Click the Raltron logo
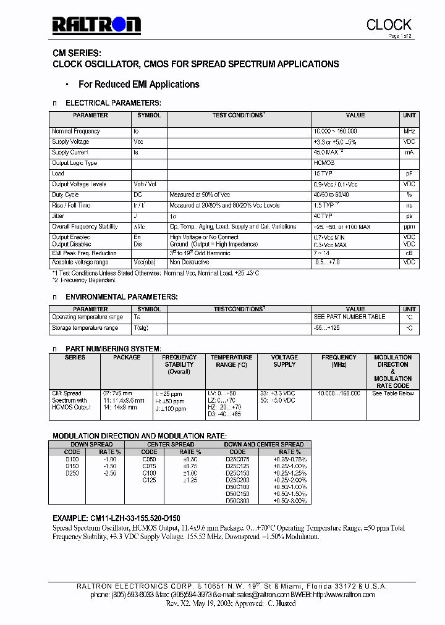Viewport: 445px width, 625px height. click(x=96, y=25)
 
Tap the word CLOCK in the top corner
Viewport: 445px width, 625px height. click(x=388, y=25)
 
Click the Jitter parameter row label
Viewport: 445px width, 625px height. click(x=58, y=216)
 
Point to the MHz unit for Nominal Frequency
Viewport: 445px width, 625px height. click(x=409, y=132)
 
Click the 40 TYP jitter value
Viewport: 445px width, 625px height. click(x=323, y=216)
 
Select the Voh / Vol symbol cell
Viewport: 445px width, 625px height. click(x=145, y=184)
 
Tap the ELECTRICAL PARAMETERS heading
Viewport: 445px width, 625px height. click(x=113, y=103)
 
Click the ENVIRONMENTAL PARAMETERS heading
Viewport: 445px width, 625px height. click(x=122, y=297)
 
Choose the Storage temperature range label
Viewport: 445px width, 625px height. click(x=85, y=328)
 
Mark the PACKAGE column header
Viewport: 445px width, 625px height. click(x=127, y=358)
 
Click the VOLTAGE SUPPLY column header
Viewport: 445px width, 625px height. click(x=284, y=361)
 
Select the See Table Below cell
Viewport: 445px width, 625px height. click(x=392, y=393)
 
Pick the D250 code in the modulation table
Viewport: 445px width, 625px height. click(x=72, y=473)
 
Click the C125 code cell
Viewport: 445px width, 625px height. click(x=150, y=480)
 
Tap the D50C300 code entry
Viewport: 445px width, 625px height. click(x=237, y=501)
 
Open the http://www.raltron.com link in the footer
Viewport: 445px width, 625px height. click(x=344, y=595)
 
